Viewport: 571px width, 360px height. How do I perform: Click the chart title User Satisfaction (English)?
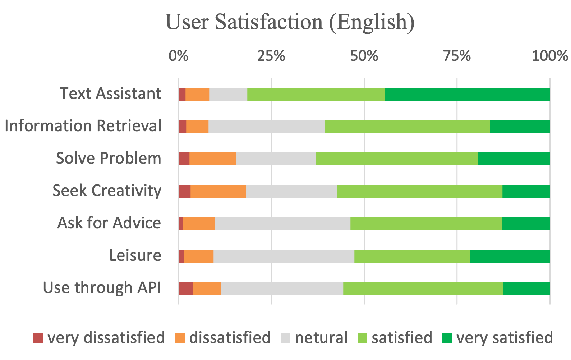pyautogui.click(x=290, y=22)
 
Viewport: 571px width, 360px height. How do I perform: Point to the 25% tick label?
pyautogui.click(x=271, y=56)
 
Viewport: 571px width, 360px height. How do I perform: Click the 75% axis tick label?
pyautogui.click(x=457, y=56)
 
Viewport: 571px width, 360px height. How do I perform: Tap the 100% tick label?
pyautogui.click(x=549, y=56)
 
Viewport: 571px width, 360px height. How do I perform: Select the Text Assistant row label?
pyautogui.click(x=110, y=94)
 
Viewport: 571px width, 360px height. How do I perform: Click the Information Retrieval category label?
pyautogui.click(x=83, y=126)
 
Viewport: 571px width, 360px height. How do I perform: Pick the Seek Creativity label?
pyautogui.click(x=107, y=191)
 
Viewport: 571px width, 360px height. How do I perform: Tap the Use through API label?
pyautogui.click(x=102, y=288)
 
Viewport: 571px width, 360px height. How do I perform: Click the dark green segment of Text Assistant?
pyautogui.click(x=467, y=94)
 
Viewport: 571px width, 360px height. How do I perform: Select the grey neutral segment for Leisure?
pyautogui.click(x=284, y=256)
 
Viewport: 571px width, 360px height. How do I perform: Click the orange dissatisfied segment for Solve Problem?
pyautogui.click(x=213, y=159)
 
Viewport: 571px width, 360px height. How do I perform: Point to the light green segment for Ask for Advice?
pyautogui.click(x=426, y=224)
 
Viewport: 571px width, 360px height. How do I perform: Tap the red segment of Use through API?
pyautogui.click(x=186, y=288)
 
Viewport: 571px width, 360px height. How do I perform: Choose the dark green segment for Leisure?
pyautogui.click(x=510, y=256)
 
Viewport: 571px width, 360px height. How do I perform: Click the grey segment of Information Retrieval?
pyautogui.click(x=267, y=127)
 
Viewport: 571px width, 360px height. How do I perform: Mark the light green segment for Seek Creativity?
pyautogui.click(x=419, y=191)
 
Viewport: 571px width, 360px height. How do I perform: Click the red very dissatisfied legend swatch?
pyautogui.click(x=38, y=338)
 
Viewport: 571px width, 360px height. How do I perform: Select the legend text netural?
pyautogui.click(x=321, y=338)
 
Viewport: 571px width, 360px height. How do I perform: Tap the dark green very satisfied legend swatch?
pyautogui.click(x=447, y=338)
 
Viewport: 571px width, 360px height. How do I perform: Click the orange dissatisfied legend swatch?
pyautogui.click(x=179, y=338)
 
